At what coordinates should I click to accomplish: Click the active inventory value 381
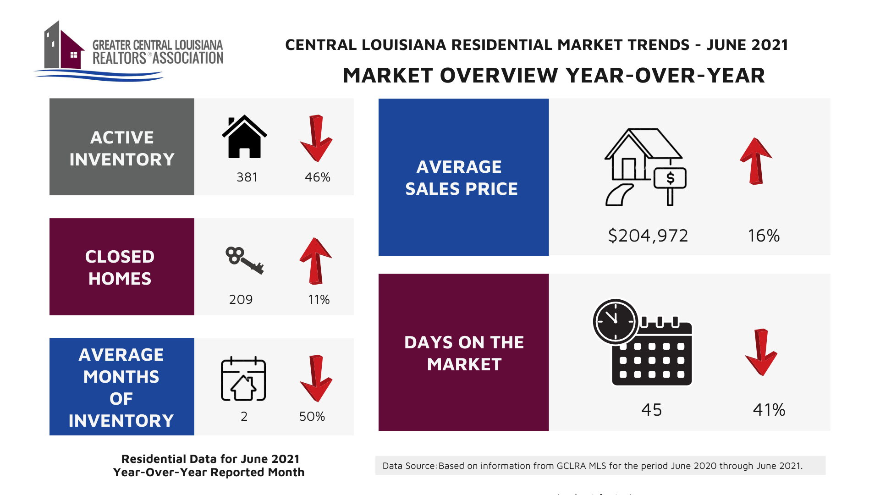(x=247, y=177)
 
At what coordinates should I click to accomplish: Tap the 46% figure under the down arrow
(x=318, y=177)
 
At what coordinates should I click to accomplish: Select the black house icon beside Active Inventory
(x=244, y=137)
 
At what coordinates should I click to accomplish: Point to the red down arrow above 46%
(x=316, y=138)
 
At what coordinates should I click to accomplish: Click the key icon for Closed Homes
(x=244, y=260)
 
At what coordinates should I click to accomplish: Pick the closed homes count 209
(x=241, y=300)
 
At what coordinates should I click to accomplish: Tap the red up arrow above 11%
(x=316, y=261)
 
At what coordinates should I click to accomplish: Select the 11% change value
(x=319, y=300)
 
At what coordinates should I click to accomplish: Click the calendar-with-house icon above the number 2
(x=243, y=379)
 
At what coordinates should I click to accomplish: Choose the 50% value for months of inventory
(x=312, y=417)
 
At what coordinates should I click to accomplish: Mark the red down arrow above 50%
(x=316, y=378)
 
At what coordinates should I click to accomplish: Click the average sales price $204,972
(x=648, y=236)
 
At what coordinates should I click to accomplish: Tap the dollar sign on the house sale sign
(x=670, y=178)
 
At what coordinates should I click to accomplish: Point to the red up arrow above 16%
(x=756, y=161)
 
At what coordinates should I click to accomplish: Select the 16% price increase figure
(x=764, y=236)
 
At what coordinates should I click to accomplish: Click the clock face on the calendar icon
(x=615, y=321)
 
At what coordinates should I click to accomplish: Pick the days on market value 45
(x=652, y=410)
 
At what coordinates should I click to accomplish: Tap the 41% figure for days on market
(x=769, y=410)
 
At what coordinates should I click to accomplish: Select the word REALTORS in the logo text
(x=119, y=59)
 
